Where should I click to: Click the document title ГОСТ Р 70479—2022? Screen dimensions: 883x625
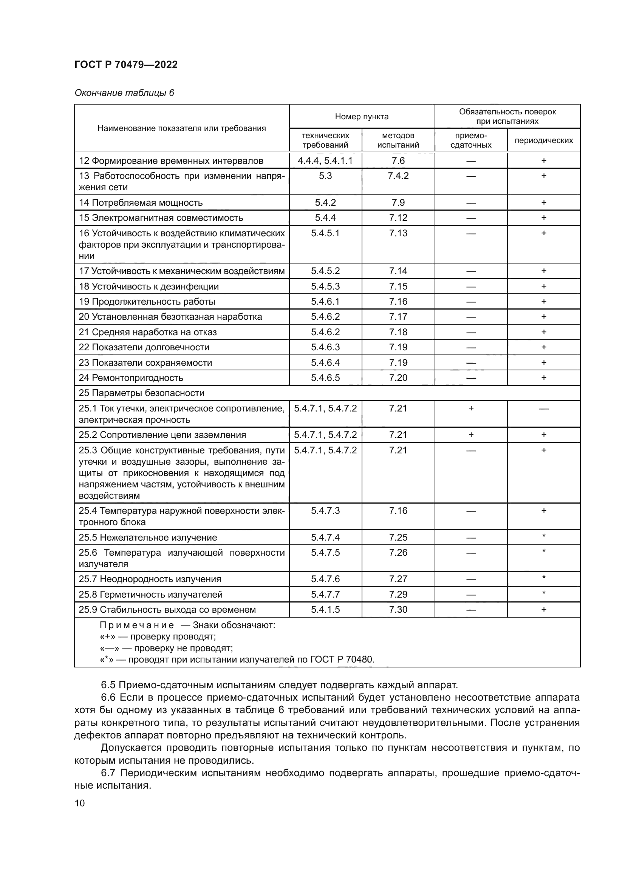[126, 65]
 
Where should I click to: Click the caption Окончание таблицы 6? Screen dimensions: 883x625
[124, 93]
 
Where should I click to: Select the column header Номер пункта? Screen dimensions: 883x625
[361, 117]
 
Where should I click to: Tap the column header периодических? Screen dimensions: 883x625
[543, 140]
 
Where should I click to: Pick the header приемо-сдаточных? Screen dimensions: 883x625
[471, 140]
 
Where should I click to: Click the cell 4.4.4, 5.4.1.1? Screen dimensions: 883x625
[325, 161]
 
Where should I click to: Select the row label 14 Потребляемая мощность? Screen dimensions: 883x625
[141, 203]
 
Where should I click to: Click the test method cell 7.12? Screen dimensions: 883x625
[398, 218]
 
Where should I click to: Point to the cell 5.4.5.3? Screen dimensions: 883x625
[325, 287]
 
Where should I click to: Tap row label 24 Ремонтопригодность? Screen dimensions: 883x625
[131, 378]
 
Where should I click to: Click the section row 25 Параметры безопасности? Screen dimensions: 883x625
[142, 393]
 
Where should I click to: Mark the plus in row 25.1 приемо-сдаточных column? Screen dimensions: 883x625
[471, 408]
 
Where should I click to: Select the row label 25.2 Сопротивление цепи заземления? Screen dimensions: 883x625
[162, 435]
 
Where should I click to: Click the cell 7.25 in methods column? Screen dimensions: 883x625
[398, 537]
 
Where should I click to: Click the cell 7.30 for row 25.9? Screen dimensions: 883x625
[398, 610]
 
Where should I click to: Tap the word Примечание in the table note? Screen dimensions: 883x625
[137, 625]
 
